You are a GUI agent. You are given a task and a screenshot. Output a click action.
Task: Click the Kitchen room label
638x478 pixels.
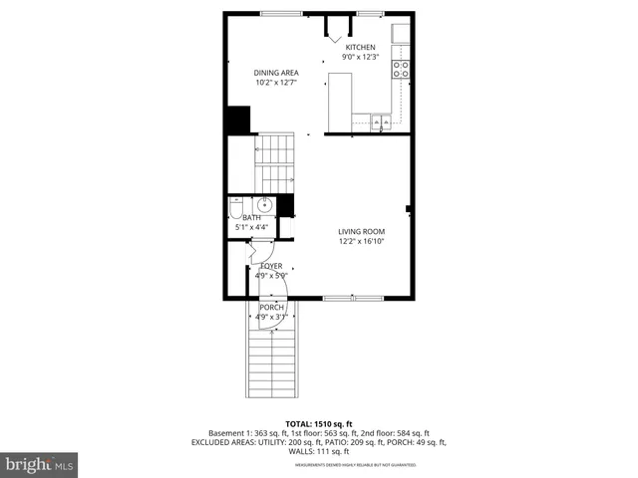[360, 47]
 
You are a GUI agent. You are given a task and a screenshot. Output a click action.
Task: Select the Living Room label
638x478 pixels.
[360, 231]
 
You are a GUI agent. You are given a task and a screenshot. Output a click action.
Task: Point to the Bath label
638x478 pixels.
[251, 218]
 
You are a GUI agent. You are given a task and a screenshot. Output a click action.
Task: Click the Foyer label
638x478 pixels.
[270, 266]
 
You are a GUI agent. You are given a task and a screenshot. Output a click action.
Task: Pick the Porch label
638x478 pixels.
[270, 308]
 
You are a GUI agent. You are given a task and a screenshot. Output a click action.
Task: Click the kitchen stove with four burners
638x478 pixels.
[400, 70]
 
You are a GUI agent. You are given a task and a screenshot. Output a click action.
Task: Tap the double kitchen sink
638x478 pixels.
[379, 123]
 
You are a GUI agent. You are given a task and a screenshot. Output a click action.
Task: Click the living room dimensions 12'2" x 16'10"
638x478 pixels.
[360, 241]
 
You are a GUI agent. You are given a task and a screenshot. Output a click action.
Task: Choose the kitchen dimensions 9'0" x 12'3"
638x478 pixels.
[360, 57]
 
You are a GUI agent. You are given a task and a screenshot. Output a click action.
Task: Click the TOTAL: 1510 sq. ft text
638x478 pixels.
[319, 424]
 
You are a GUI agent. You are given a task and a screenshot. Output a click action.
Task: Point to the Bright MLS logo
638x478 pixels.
[40, 464]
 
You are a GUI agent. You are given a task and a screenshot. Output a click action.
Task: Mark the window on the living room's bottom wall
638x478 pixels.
[352, 298]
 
